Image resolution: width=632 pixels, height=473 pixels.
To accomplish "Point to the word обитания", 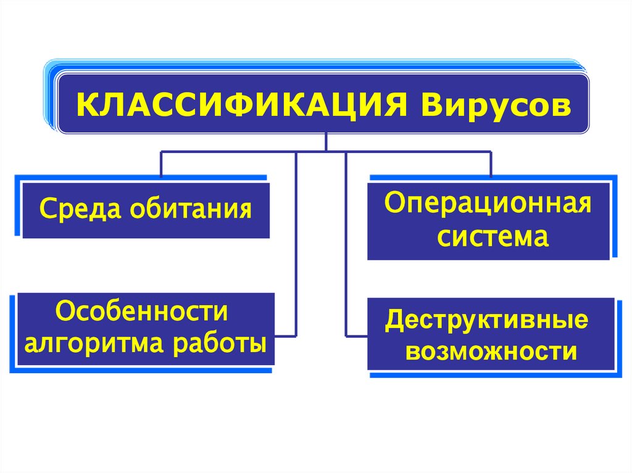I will point(191,208).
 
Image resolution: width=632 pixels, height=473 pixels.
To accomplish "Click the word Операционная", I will point(488,203).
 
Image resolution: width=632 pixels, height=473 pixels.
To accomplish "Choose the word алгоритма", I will point(98,343).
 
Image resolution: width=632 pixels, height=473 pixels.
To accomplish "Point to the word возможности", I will point(492,352).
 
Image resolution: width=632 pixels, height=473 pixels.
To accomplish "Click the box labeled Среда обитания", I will point(146,208).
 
